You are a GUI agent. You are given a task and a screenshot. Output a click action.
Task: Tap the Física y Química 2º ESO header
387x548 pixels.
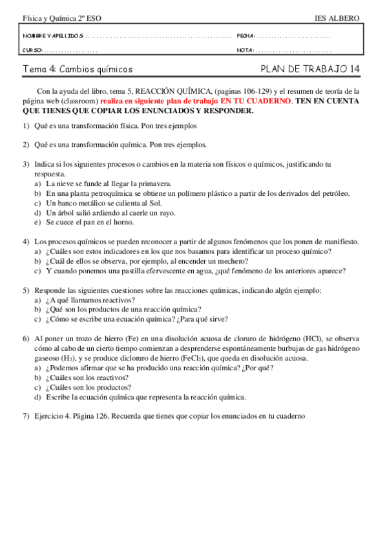point(54,19)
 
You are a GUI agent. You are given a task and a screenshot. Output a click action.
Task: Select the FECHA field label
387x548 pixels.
point(246,36)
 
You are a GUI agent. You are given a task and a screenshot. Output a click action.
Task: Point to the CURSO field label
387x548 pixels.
point(33,50)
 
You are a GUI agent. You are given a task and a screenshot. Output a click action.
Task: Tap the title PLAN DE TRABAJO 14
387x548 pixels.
point(310,68)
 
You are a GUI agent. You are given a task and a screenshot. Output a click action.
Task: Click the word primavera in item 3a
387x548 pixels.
point(155,184)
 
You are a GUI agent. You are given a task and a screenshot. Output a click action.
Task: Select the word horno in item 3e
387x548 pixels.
point(125,222)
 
